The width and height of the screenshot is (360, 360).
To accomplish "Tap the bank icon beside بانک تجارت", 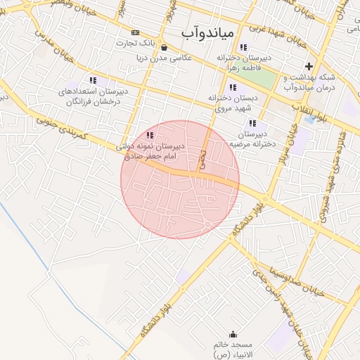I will [135, 32].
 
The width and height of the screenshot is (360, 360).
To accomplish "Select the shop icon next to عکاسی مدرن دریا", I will [164, 48].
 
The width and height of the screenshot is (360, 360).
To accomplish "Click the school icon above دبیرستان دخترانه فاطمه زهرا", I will [243, 47].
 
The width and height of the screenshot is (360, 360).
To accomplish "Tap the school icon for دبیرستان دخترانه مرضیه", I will [253, 123].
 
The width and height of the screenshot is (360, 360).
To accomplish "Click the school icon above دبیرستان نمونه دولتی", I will [149, 135].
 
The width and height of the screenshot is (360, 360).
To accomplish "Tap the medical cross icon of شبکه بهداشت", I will [309, 67].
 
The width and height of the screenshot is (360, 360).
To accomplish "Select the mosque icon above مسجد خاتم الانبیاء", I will [233, 334].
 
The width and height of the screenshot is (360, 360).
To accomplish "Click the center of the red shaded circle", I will [180, 179].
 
